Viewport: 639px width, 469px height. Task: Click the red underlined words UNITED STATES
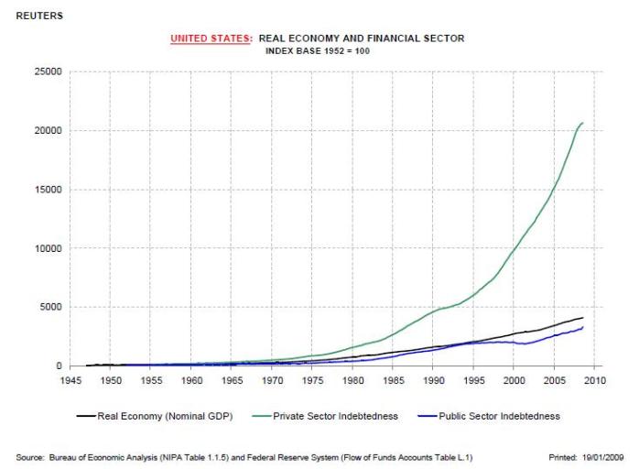coord(211,38)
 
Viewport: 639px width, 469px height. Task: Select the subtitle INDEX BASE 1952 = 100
coord(317,50)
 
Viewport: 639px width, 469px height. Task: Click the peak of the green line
coord(582,123)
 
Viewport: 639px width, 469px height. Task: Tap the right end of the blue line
coord(583,327)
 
